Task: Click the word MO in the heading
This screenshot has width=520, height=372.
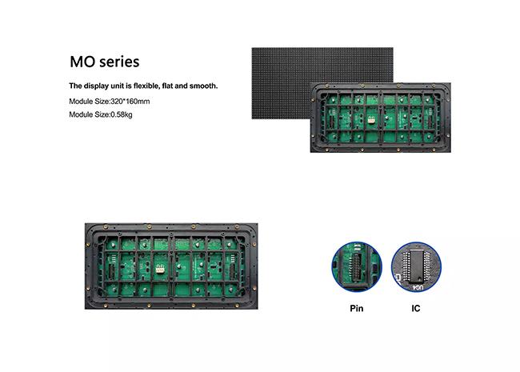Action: coord(82,62)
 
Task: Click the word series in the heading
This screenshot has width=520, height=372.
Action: coord(119,62)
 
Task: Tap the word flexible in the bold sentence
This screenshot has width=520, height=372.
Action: coord(147,86)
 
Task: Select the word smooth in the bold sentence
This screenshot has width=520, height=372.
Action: coord(203,86)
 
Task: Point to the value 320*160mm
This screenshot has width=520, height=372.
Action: coord(130,102)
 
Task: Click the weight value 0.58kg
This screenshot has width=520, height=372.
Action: coord(121,114)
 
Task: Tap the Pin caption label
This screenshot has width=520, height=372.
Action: coord(357,308)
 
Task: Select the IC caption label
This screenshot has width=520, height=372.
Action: coord(416,308)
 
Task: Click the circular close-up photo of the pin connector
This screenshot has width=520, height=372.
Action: coord(357,267)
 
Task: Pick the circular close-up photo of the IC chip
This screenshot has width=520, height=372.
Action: coord(416,267)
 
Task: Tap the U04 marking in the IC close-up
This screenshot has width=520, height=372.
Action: coord(417,288)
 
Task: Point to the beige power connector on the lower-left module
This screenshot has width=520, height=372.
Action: coord(160,270)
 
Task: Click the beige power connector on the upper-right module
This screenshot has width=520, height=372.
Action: coord(370,120)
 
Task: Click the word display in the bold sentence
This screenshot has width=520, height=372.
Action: coord(96,86)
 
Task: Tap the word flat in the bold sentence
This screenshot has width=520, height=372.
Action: coord(168,86)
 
